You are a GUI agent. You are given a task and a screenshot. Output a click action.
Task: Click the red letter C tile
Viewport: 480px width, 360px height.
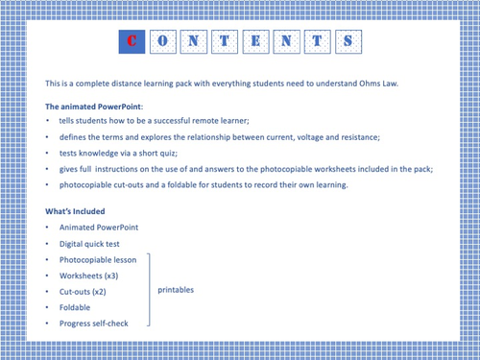(x=131, y=41)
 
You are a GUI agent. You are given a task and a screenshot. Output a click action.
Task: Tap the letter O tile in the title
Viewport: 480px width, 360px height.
(x=164, y=41)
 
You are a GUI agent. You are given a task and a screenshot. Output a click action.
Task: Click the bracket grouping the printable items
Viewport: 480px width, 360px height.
(x=150, y=291)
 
